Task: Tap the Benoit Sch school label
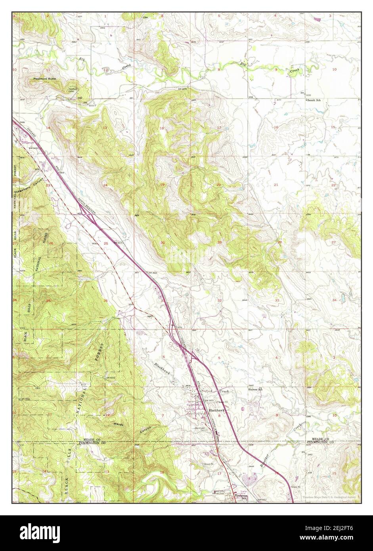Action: coord(313,100)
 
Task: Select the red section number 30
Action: coord(163,243)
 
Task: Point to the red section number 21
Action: coord(276,185)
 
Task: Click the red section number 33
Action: coord(277,300)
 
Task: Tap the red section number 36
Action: coord(105,301)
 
